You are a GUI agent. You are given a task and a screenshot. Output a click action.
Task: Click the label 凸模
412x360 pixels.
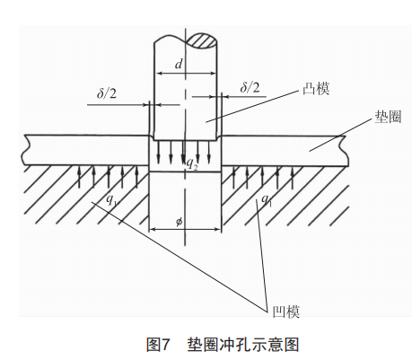pyautogui.click(x=316, y=89)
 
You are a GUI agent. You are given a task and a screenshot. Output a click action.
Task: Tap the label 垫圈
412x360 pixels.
pyautogui.click(x=388, y=117)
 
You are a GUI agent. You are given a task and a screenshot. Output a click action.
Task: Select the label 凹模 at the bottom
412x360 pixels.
pyautogui.click(x=286, y=312)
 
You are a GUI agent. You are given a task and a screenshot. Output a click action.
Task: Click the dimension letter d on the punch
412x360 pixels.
pyautogui.click(x=179, y=64)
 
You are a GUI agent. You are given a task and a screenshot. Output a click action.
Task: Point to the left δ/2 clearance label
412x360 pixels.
pyautogui.click(x=107, y=93)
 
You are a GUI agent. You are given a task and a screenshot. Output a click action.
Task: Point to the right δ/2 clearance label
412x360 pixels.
pyautogui.click(x=250, y=87)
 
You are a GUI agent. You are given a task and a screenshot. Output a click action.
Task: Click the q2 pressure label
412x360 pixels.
pyautogui.click(x=192, y=164)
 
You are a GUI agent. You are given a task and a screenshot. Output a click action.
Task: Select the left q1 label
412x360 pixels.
pyautogui.click(x=112, y=199)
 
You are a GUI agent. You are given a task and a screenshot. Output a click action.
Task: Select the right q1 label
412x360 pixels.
pyautogui.click(x=267, y=199)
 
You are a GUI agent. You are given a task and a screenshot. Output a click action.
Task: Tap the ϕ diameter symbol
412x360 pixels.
pyautogui.click(x=179, y=222)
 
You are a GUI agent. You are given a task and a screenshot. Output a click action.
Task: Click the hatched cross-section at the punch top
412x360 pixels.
pyautogui.click(x=202, y=40)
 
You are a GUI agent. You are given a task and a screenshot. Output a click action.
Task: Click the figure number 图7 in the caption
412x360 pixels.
pyautogui.click(x=158, y=345)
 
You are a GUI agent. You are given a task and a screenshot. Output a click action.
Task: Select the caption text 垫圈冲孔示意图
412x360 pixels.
pyautogui.click(x=243, y=345)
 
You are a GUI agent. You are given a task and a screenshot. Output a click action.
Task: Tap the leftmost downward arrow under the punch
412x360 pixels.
pyautogui.click(x=159, y=152)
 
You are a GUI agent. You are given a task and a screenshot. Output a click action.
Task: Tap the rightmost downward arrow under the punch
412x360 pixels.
pyautogui.click(x=209, y=152)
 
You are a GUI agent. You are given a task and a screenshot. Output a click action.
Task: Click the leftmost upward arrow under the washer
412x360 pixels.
pyautogui.click(x=79, y=177)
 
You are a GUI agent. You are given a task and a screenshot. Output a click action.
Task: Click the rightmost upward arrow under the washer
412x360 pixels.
pyautogui.click(x=293, y=178)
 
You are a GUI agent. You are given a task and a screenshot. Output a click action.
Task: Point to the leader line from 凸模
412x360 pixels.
pyautogui.click(x=253, y=106)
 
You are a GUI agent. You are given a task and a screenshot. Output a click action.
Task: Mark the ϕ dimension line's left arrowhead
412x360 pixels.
pyautogui.click(x=153, y=230)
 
